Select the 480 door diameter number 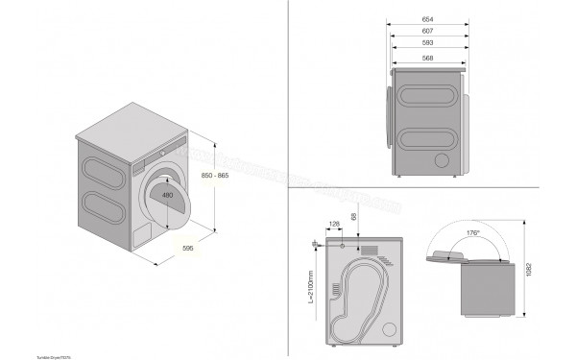coord(168,196)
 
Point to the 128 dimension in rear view coord(333,226)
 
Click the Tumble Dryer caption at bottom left coord(28,354)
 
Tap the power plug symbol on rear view coord(316,247)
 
